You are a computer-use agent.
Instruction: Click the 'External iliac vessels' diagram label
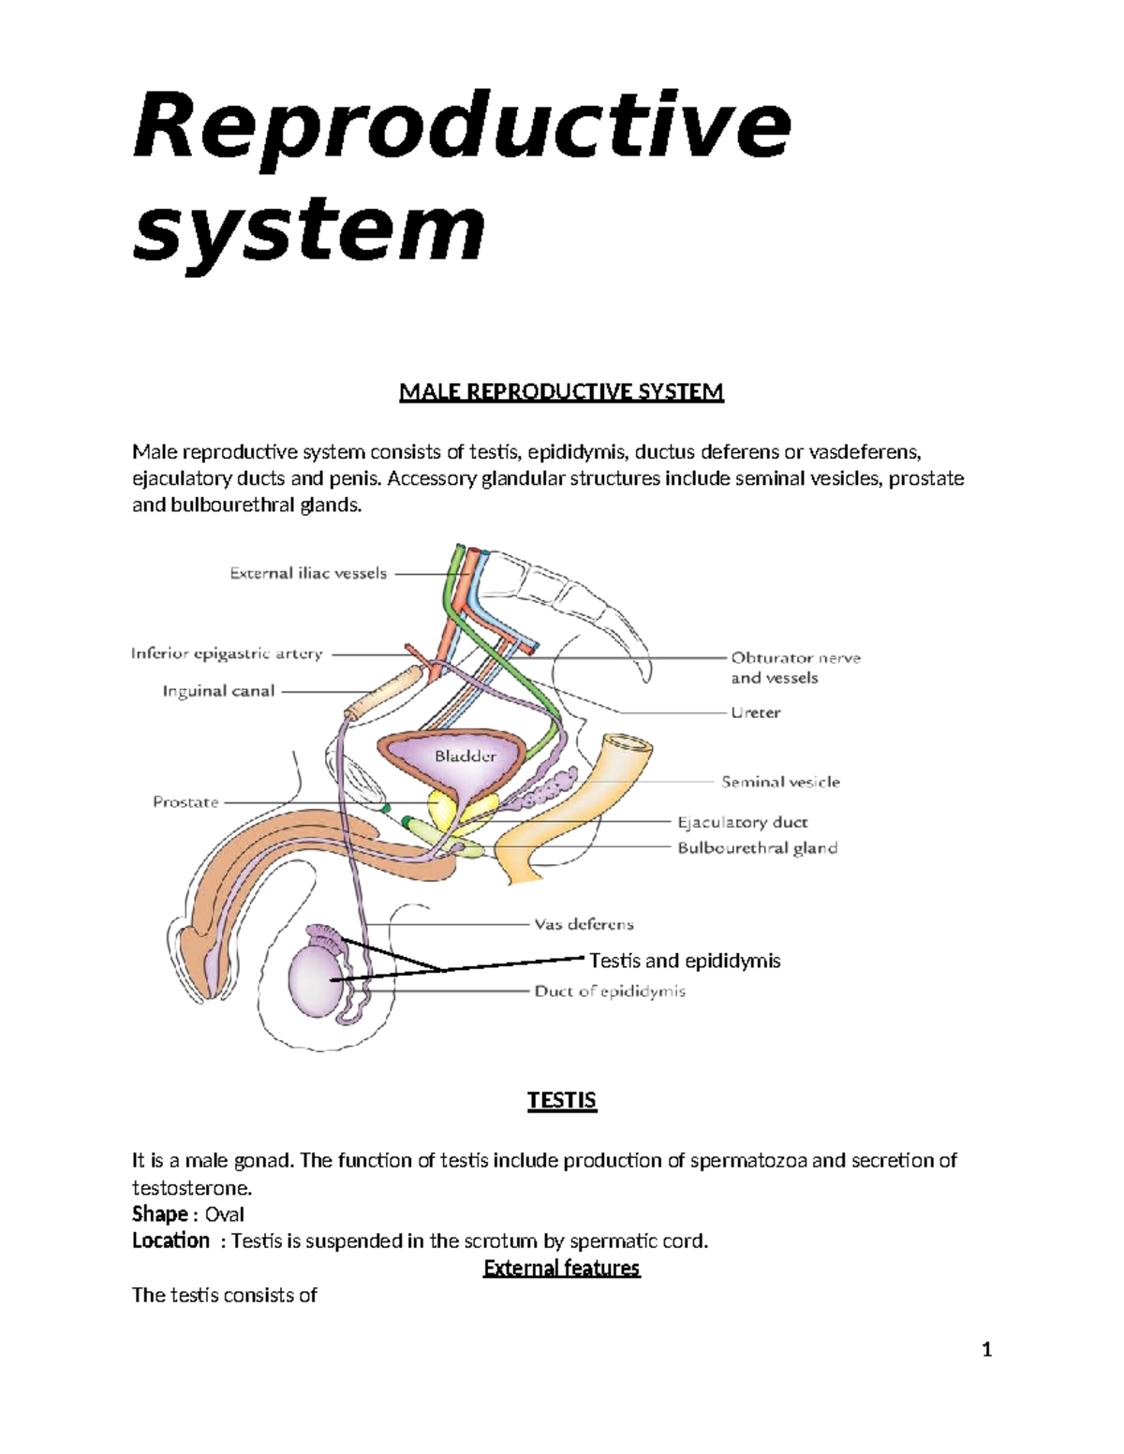[308, 573]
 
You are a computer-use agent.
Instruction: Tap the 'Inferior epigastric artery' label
[227, 654]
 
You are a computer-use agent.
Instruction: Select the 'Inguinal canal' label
[218, 691]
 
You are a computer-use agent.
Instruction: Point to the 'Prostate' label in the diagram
[185, 801]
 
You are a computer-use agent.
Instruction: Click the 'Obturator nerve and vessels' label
[795, 668]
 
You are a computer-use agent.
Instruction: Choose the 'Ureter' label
[755, 712]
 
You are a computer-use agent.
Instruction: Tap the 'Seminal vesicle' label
[780, 781]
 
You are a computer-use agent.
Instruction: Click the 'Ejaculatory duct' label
[742, 822]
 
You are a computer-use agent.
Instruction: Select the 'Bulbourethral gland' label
[757, 848]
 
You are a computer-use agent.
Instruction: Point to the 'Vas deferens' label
[584, 924]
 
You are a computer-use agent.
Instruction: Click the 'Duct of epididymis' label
[610, 991]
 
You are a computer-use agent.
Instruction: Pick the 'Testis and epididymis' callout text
[685, 961]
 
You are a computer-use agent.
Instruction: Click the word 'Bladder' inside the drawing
[465, 756]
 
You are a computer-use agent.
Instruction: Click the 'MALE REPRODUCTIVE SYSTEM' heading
[561, 391]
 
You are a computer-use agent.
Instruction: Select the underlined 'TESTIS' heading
[561, 1100]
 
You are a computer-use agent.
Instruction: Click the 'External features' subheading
[561, 1268]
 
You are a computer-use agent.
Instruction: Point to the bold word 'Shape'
[160, 1214]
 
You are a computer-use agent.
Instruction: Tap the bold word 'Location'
[170, 1241]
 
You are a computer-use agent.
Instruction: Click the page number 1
[985, 1350]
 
